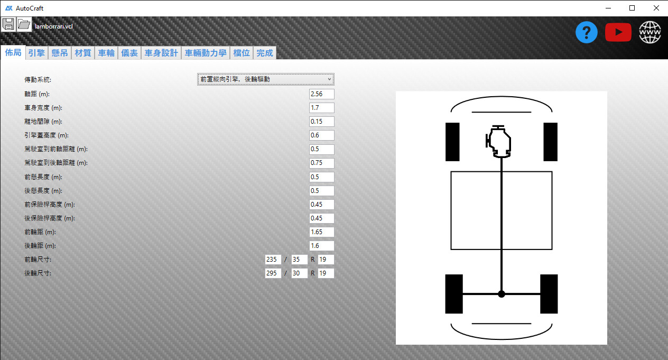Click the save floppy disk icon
(8, 24)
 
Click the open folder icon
(24, 24)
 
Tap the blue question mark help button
(586, 32)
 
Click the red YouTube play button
(618, 32)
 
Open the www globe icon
(650, 32)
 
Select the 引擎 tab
(36, 53)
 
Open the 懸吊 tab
(60, 53)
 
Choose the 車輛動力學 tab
(206, 53)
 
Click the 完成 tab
(265, 53)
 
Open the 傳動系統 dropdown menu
(265, 79)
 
